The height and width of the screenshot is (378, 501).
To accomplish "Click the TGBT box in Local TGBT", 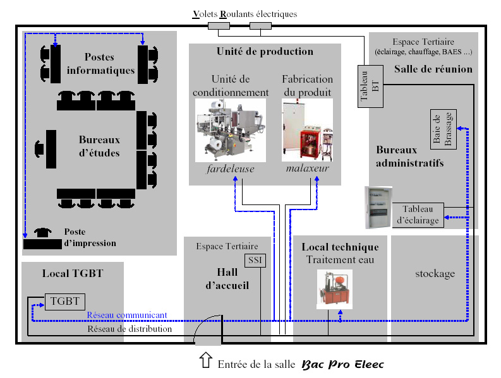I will (64, 302).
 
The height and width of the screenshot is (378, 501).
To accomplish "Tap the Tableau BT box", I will (368, 86).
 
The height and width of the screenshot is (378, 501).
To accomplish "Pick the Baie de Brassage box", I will (442, 129).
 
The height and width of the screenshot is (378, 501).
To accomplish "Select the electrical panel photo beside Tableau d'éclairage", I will (378, 208).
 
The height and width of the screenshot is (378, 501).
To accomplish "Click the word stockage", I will (435, 274).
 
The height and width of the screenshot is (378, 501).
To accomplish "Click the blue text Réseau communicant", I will (127, 315).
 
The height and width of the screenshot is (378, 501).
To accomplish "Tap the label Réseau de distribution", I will (129, 329).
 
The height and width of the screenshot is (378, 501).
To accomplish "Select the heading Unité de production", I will (264, 52).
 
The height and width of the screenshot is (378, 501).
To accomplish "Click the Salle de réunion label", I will (433, 68).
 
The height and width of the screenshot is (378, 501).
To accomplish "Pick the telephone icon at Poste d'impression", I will (43, 232).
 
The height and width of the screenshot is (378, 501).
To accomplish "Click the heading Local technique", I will (340, 247).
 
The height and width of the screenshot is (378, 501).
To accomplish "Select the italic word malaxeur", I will (308, 170).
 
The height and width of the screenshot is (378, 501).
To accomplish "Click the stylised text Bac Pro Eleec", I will (342, 364).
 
